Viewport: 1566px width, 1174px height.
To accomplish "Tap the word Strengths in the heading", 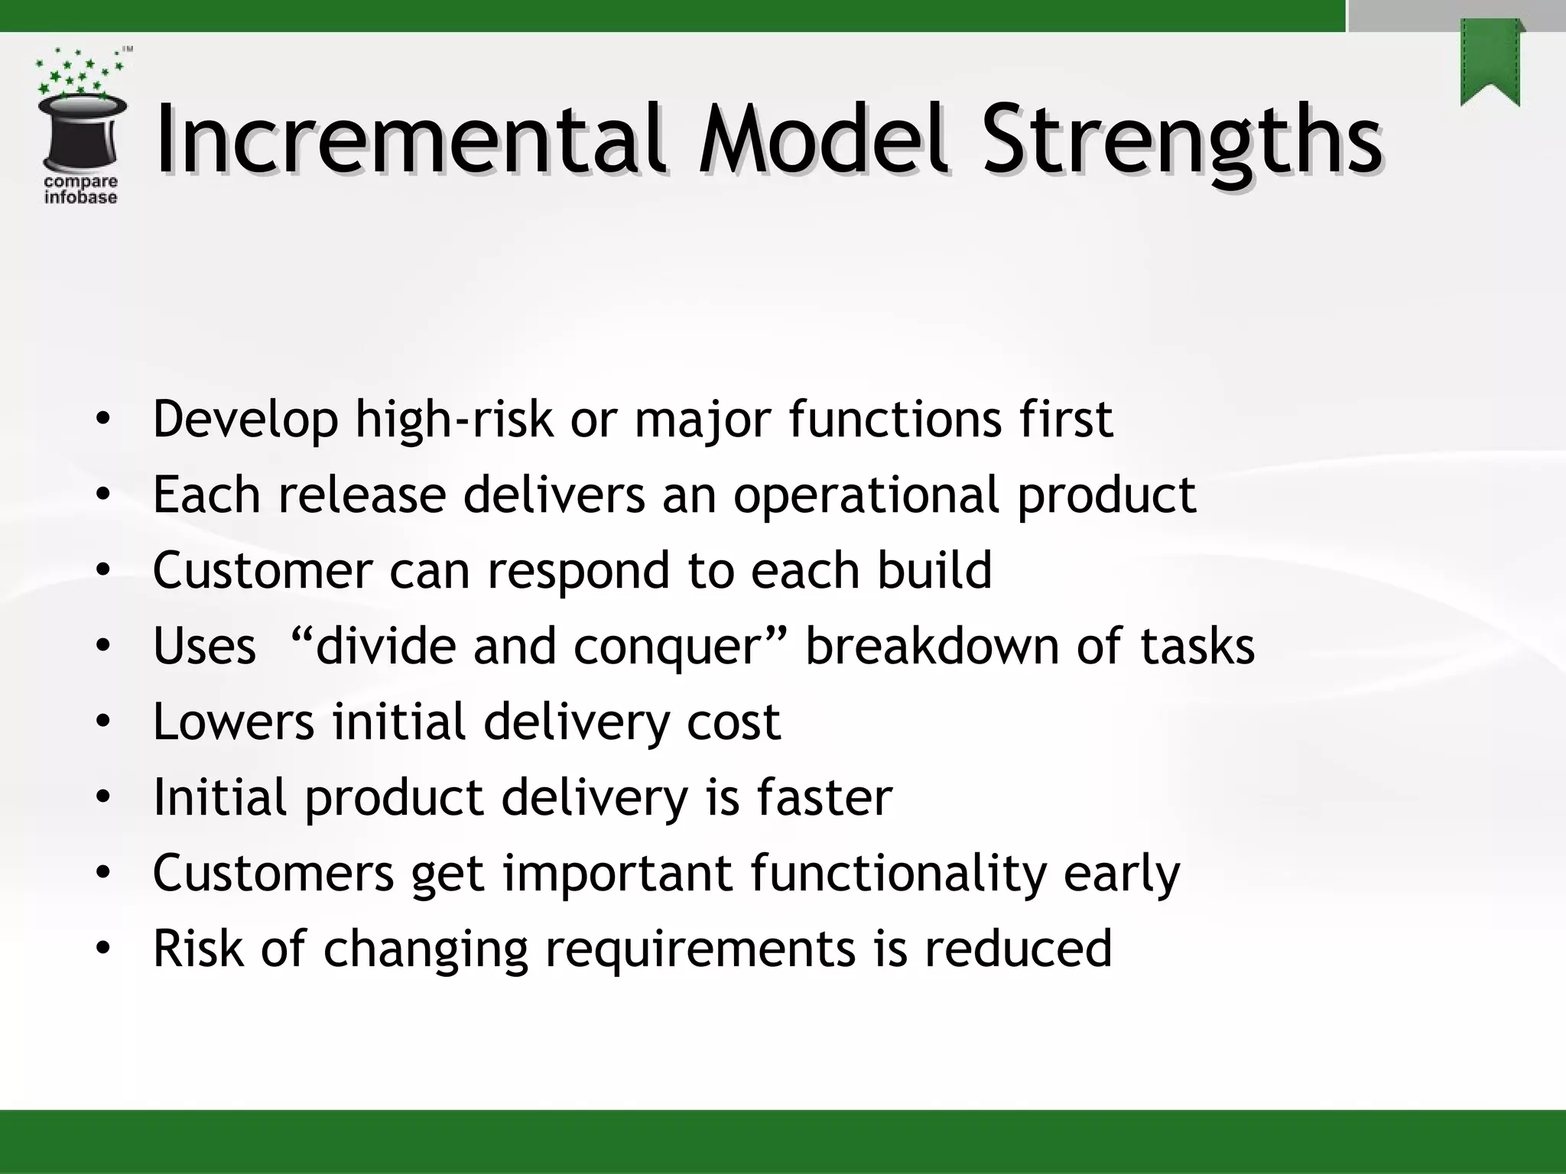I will [x=1181, y=141].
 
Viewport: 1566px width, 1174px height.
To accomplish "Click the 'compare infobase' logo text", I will [x=81, y=190].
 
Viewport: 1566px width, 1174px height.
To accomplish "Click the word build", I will [x=934, y=570].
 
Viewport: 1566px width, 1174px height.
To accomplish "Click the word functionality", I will [x=898, y=873].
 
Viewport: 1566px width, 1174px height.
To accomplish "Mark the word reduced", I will [x=1018, y=948].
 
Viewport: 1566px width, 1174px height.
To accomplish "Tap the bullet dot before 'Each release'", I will [x=102, y=495].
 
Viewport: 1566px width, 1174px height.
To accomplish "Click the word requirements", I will [x=699, y=949].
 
